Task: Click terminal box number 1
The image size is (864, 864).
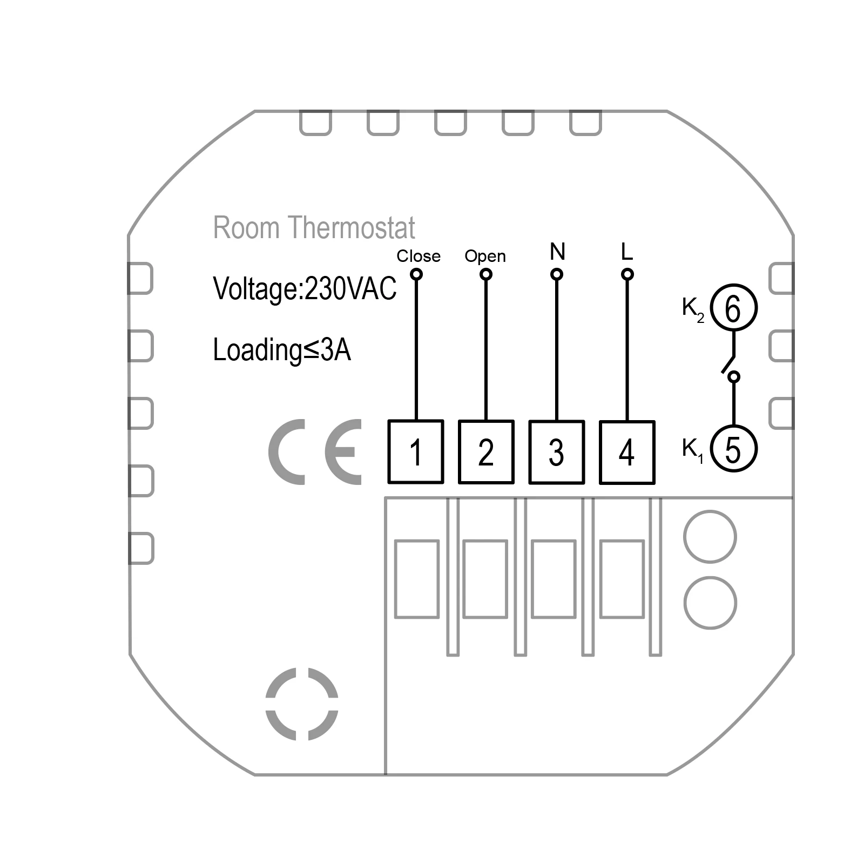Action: click(416, 451)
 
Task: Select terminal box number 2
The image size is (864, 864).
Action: click(486, 451)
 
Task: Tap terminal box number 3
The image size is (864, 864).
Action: click(556, 452)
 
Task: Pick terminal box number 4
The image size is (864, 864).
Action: click(627, 452)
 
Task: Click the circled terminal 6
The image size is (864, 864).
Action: click(733, 308)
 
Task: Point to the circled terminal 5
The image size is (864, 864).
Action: click(733, 448)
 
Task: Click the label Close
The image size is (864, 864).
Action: click(418, 256)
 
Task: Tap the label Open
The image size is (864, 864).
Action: click(485, 256)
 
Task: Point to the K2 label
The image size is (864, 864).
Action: click(693, 310)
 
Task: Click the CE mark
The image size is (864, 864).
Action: click(315, 451)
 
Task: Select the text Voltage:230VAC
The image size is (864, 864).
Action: click(305, 288)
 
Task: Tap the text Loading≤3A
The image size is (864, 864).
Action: click(282, 350)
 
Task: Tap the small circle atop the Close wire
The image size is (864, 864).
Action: click(416, 274)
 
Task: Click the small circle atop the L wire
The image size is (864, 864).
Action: click(627, 274)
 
